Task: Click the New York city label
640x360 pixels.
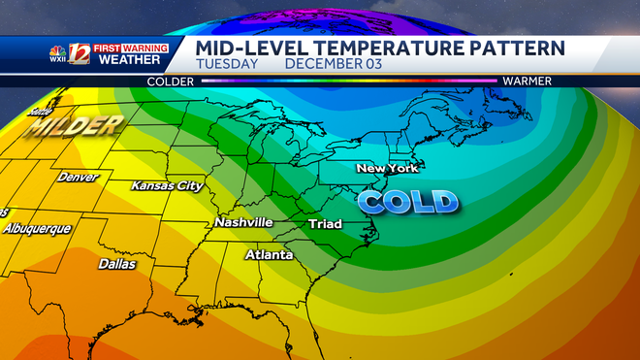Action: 386,169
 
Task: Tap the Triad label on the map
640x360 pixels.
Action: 325,225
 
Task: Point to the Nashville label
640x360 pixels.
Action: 243,222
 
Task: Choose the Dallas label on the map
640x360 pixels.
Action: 117,263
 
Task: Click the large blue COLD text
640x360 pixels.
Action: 407,202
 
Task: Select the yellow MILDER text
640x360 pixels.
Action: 74,125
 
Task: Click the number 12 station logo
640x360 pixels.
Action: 80,54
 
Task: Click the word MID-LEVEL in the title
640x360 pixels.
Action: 252,47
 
